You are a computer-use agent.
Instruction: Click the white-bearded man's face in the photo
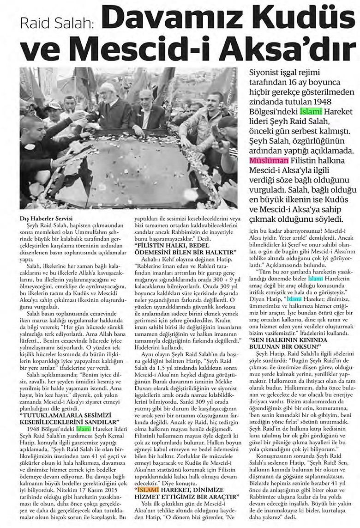pyautogui.click(x=107, y=92)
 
